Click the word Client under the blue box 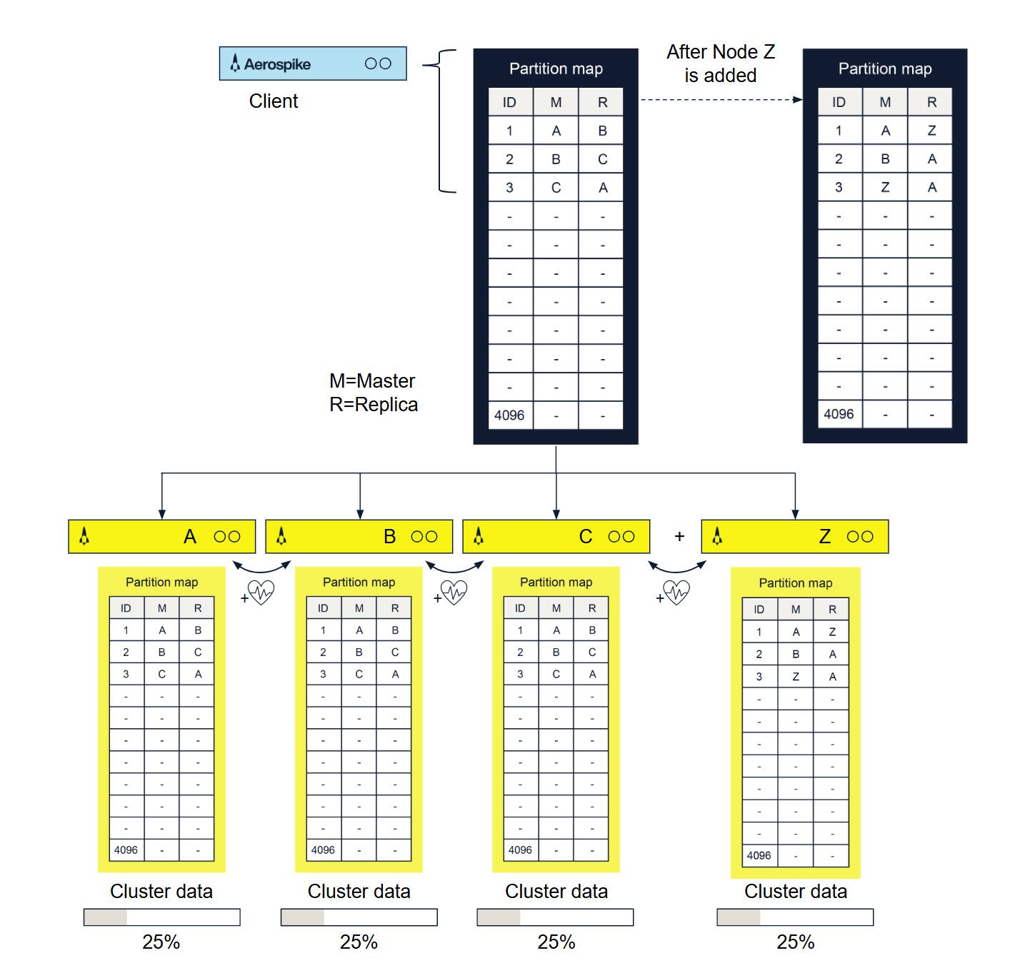(x=273, y=101)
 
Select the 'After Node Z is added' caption (x=720, y=64)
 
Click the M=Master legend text (x=371, y=380)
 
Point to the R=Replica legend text (x=373, y=405)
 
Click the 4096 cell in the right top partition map (x=839, y=414)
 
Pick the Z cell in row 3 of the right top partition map (x=885, y=187)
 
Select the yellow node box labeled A (x=161, y=537)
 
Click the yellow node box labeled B (x=359, y=537)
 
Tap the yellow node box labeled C (x=556, y=537)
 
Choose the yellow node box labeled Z (x=794, y=537)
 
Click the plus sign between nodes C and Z (x=679, y=536)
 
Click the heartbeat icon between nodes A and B (x=261, y=593)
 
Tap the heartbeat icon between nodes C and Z (x=676, y=592)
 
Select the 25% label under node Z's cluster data (x=795, y=942)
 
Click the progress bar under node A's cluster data (x=161, y=917)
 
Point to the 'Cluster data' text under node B (x=359, y=892)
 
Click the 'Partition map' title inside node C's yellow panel (x=556, y=583)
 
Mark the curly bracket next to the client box (x=440, y=121)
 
